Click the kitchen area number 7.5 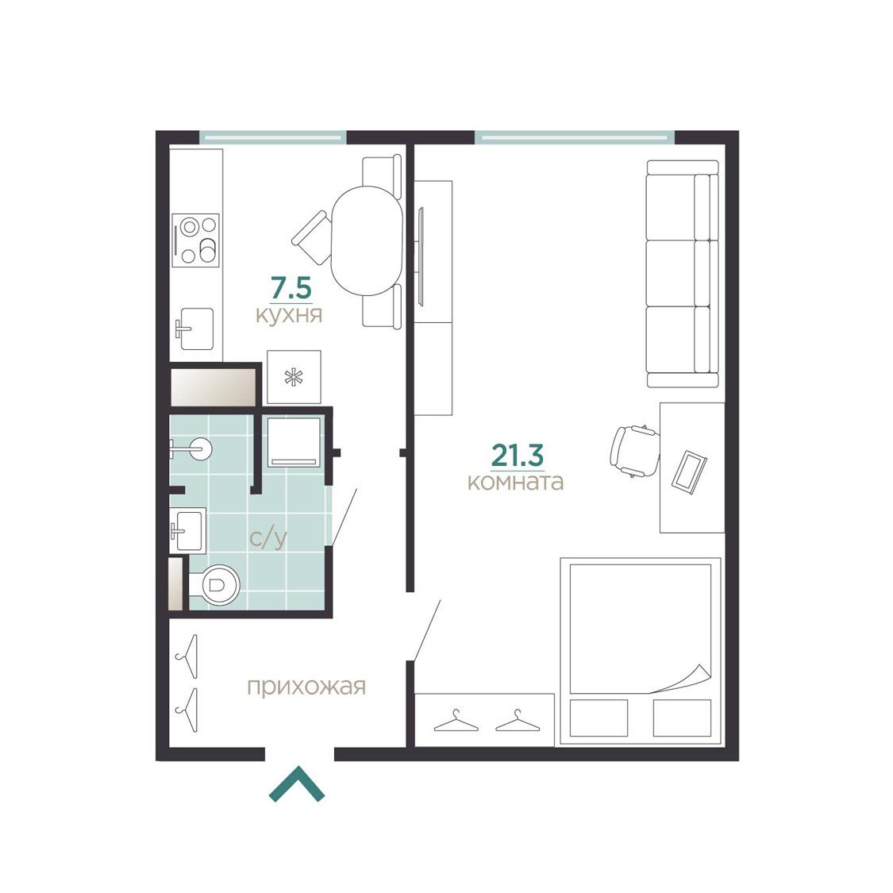291,288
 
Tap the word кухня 289,315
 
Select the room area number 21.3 517,455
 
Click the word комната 515,482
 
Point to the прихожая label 306,687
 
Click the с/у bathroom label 268,538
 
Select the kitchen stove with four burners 195,241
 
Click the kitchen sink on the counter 194,329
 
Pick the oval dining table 368,241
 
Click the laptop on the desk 689,472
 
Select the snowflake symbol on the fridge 294,377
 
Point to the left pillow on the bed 599,718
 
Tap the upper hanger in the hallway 187,656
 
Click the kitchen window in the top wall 273,137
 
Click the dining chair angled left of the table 311,233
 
